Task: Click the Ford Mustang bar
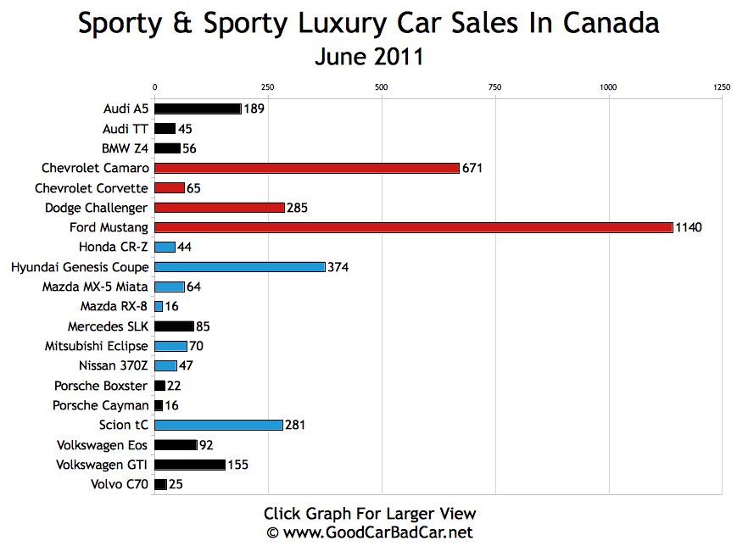pyautogui.click(x=413, y=227)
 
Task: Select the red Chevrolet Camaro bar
pyautogui.click(x=306, y=168)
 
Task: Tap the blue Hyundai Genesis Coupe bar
pyautogui.click(x=239, y=267)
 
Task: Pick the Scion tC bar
pyautogui.click(x=218, y=425)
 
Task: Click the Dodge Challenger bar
pyautogui.click(x=219, y=208)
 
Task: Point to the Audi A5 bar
pyautogui.click(x=198, y=109)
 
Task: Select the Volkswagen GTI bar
pyautogui.click(x=190, y=465)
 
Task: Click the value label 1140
pyautogui.click(x=689, y=227)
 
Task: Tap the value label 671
pyautogui.click(x=472, y=168)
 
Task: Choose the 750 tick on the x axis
pyautogui.click(x=494, y=87)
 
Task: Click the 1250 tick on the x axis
pyautogui.click(x=721, y=87)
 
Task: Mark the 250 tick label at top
pyautogui.click(x=267, y=87)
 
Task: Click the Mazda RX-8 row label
pyautogui.click(x=114, y=306)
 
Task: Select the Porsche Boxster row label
pyautogui.click(x=101, y=386)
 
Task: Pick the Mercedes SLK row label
pyautogui.click(x=108, y=326)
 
